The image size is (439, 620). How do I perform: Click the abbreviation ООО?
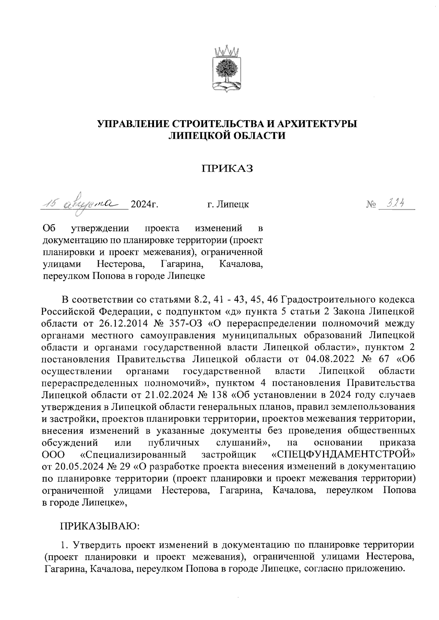coord(53,455)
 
